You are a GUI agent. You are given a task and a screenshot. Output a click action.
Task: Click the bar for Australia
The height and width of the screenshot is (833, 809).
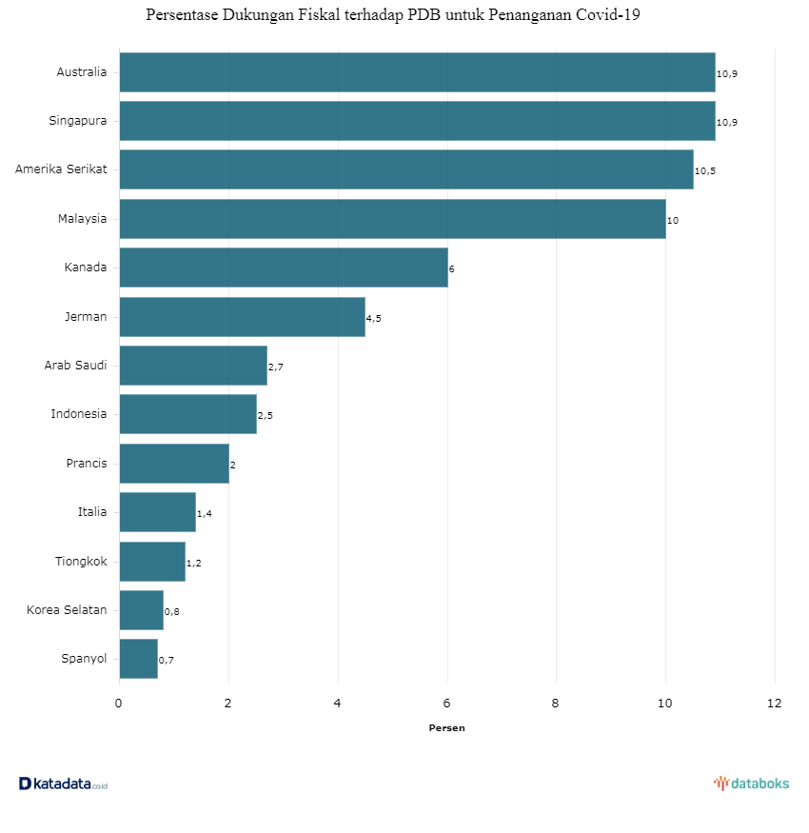point(417,72)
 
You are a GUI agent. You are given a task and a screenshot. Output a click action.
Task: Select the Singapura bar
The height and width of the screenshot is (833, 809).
point(417,121)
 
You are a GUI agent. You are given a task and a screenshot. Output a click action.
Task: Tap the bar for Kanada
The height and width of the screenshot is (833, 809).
point(284,268)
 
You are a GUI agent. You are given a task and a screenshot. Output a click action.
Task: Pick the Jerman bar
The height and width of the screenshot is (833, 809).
point(242,317)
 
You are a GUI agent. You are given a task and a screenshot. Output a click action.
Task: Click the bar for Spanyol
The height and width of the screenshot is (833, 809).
point(139,659)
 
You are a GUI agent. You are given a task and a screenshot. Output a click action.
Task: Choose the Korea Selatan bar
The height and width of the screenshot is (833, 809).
point(142,610)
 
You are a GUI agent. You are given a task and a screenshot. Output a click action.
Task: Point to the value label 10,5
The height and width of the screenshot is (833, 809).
point(705,171)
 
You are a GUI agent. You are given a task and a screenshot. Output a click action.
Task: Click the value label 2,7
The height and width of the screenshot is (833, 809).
point(276,367)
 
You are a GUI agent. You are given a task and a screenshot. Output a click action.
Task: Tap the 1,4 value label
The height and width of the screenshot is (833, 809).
point(204,514)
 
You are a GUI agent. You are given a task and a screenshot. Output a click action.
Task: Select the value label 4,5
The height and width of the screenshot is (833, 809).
point(374,318)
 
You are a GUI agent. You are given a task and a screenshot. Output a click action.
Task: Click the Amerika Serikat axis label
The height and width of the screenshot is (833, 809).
point(61,169)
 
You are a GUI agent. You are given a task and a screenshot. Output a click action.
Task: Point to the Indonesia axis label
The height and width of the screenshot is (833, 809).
point(79,414)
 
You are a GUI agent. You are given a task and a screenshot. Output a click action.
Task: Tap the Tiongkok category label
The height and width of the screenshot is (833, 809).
point(81,561)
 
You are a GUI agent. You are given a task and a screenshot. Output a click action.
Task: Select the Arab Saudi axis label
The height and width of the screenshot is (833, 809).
point(75,365)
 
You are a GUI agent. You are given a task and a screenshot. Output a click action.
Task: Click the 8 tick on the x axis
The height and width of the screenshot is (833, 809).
point(556,704)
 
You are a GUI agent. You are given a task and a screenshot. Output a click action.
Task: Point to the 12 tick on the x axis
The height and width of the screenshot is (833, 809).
point(774,704)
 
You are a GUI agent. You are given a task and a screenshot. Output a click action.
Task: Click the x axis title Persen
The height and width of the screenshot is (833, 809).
point(446,728)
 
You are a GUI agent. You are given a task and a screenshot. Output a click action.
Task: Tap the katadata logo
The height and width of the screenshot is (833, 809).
point(63,783)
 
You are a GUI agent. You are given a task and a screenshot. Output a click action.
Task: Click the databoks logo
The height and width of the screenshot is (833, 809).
point(751,783)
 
